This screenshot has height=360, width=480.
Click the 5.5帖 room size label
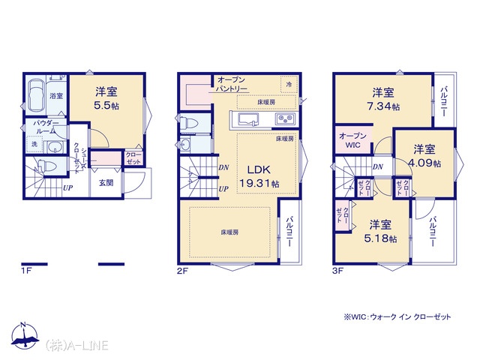tap(106, 106)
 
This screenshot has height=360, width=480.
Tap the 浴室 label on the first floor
tap(56, 96)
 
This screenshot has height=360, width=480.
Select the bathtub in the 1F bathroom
tap(37, 95)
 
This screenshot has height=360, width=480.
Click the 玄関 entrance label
tap(106, 183)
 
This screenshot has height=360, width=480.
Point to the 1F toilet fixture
tap(46, 166)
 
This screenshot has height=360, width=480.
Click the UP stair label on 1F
tap(67, 187)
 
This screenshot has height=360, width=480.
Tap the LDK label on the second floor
tap(259, 169)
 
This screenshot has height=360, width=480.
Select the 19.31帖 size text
tap(259, 183)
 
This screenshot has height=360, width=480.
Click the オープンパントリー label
tap(231, 84)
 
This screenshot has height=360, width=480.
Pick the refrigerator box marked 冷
tap(289, 84)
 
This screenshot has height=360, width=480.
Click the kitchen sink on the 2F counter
tap(248, 118)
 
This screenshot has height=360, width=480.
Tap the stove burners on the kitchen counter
tap(285, 118)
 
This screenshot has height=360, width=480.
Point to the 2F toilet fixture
tap(190, 123)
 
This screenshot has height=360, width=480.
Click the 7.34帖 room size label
tap(383, 106)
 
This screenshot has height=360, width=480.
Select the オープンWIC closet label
tap(352, 140)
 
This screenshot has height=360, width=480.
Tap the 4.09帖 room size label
tap(424, 163)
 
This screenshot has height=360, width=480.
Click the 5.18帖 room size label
tap(380, 238)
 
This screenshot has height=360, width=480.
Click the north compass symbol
tap(25, 336)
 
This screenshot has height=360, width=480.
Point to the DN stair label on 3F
tap(378, 166)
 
